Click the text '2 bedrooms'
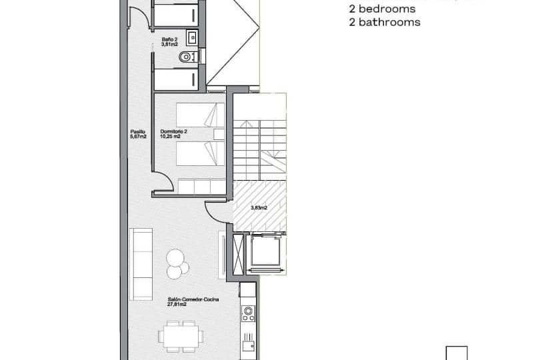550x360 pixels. click(x=382, y=9)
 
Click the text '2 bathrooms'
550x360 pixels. click(x=385, y=22)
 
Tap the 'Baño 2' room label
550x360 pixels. click(x=170, y=39)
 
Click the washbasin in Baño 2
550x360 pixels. click(x=191, y=37)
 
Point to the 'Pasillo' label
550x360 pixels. click(x=138, y=131)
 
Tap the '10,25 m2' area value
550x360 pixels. click(x=171, y=137)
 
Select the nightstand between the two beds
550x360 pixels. click(x=217, y=134)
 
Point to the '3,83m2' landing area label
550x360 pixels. click(x=259, y=207)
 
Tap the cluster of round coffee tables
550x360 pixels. click(x=177, y=263)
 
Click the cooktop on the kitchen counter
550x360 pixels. click(x=249, y=313)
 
